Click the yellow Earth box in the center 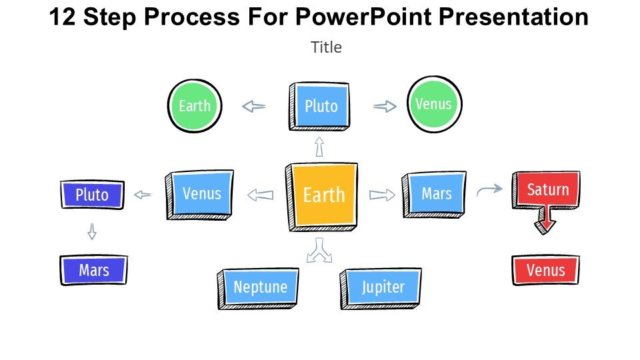coord(324,195)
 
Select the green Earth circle coord(195,106)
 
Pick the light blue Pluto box coord(321,106)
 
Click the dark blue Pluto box coord(92,195)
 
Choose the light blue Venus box coord(201,193)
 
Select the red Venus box coord(545,270)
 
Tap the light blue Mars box coord(436,193)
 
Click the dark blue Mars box coord(93,271)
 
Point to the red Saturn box coord(547,190)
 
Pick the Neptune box coord(260,287)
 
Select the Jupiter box coord(383,287)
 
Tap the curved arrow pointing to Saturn coord(489,191)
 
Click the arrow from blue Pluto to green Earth coord(253,106)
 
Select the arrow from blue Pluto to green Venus coord(385,106)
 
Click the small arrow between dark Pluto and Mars coord(92,231)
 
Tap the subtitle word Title coord(326,47)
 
